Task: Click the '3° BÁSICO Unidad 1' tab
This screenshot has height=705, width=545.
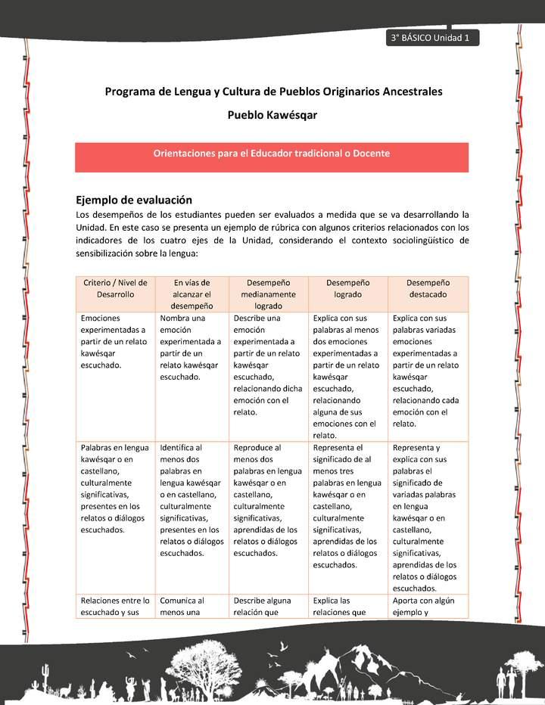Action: click(431, 39)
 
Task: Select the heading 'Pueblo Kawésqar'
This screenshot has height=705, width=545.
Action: click(272, 116)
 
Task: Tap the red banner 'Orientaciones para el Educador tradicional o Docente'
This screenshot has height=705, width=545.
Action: click(272, 154)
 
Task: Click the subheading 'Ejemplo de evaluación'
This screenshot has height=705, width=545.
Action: click(134, 200)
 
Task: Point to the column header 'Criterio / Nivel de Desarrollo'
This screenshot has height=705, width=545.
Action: click(115, 288)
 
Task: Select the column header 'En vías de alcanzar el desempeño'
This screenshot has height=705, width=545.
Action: click(192, 294)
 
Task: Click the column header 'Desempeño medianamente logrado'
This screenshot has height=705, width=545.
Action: click(269, 294)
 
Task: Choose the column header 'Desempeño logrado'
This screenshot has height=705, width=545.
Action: click(347, 288)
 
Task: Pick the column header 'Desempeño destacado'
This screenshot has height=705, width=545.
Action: click(427, 288)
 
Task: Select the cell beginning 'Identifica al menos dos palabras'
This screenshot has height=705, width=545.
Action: click(192, 500)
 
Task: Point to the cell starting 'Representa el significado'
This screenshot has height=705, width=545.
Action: click(347, 506)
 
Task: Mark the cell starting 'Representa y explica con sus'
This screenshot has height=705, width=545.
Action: click(427, 517)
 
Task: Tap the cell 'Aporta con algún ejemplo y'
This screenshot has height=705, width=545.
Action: click(427, 607)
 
